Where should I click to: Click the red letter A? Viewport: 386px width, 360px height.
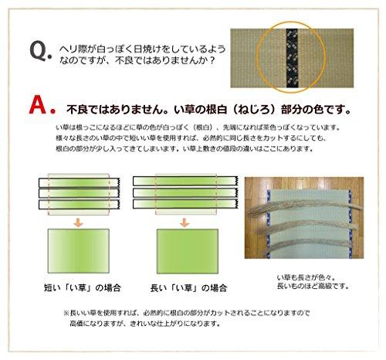pyautogui.click(x=39, y=106)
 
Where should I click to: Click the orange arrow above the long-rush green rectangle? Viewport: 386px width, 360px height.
pyautogui.click(x=185, y=222)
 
